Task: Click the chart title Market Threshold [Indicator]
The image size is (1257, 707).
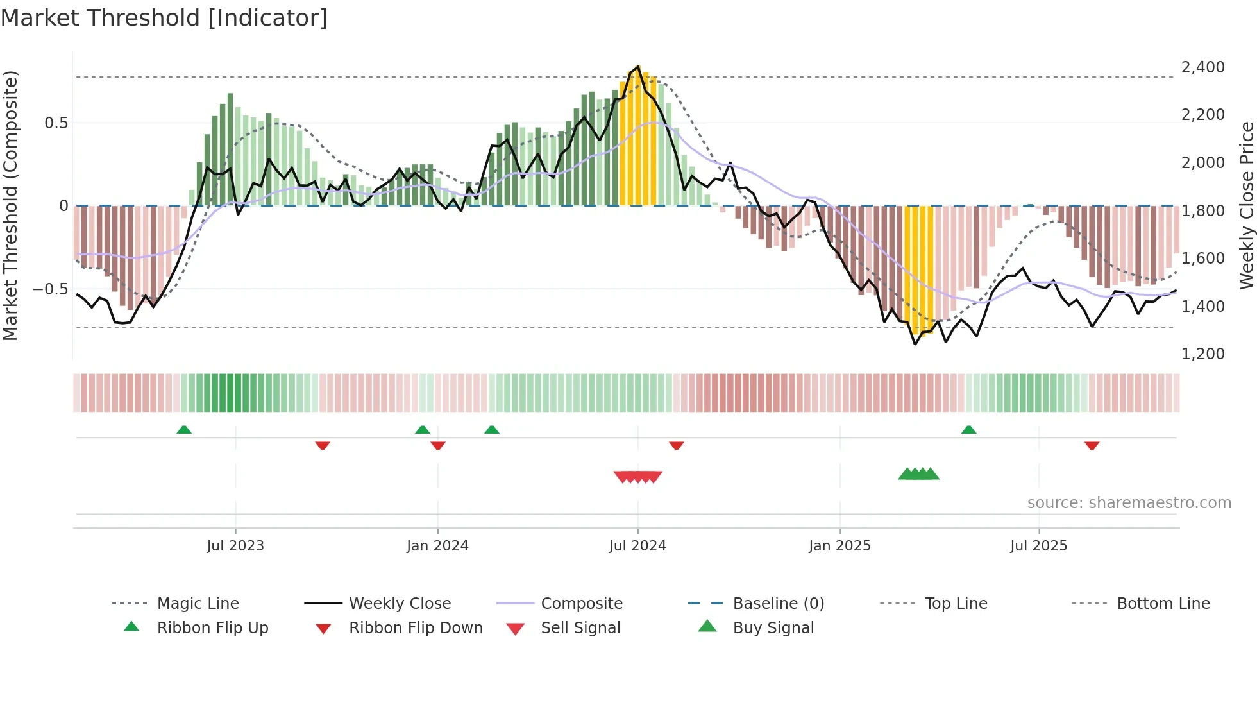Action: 164,18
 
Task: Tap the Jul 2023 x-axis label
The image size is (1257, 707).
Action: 235,546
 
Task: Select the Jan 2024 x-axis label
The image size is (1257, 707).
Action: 437,546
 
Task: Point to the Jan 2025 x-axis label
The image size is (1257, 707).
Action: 839,546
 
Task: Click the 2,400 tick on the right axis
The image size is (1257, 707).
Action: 1202,67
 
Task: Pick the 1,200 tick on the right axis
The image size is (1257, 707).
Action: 1202,354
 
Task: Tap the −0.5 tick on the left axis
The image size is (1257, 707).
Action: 51,289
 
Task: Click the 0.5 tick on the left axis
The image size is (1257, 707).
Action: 56,123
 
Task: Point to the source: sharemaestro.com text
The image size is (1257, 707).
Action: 1129,503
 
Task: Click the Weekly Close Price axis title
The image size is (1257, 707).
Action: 1246,205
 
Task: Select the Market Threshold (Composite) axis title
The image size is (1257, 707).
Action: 10,205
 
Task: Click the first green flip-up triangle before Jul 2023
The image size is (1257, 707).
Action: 184,430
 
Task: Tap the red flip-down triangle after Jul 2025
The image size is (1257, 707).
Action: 1092,445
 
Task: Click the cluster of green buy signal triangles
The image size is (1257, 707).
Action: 918,474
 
